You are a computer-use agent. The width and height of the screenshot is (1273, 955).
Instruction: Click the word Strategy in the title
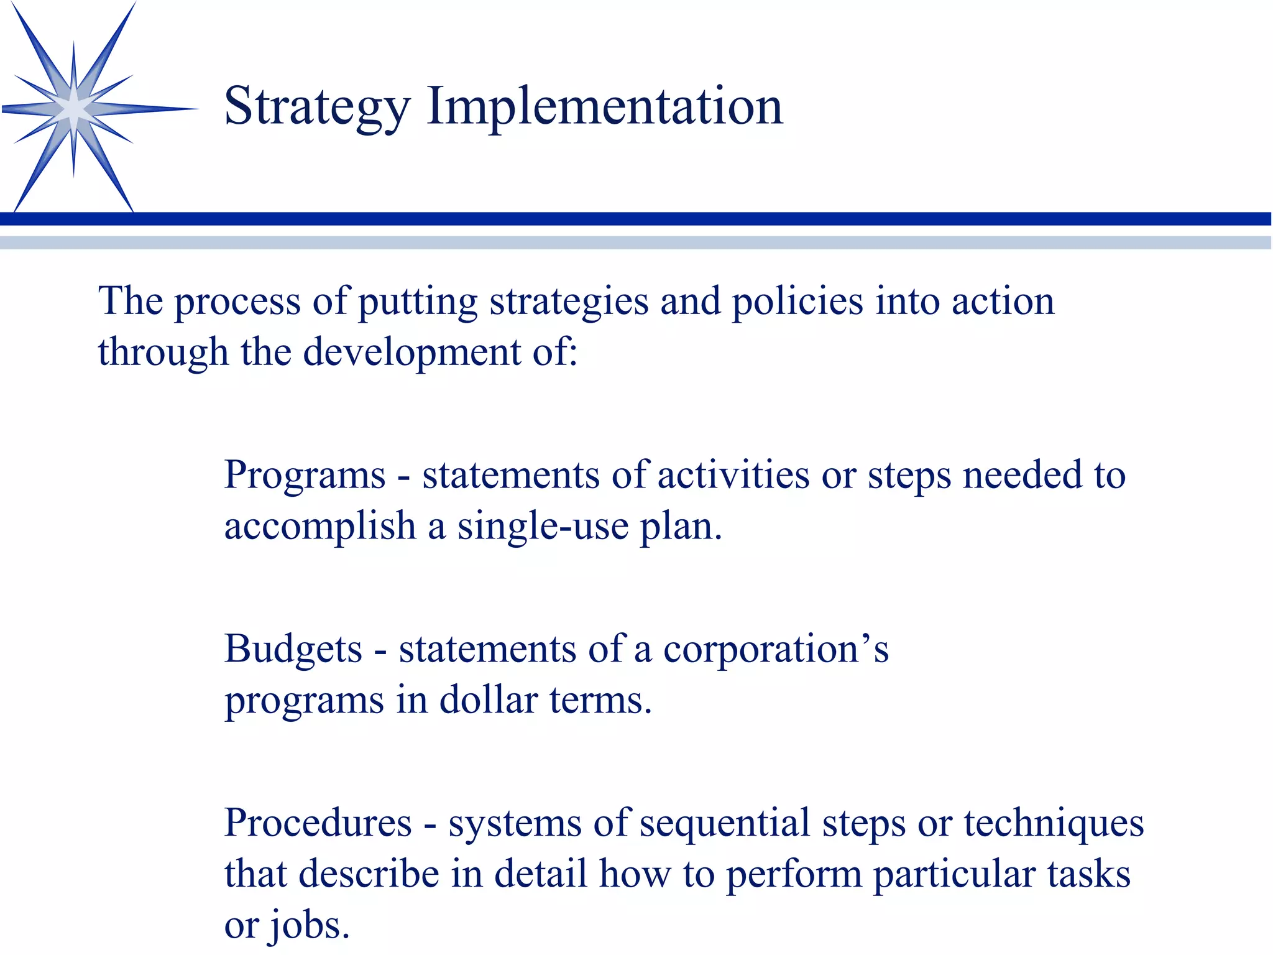pyautogui.click(x=316, y=107)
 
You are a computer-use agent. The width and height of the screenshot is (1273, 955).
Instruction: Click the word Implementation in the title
pyautogui.click(x=604, y=107)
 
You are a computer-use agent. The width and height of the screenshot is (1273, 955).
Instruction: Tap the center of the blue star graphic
pyautogui.click(x=73, y=109)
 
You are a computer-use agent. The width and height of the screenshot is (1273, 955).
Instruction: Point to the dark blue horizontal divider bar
pyautogui.click(x=636, y=219)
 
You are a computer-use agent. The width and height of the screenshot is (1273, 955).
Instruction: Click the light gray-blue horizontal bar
pyautogui.click(x=636, y=242)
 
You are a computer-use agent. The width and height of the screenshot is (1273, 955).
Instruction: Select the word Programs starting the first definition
pyautogui.click(x=305, y=476)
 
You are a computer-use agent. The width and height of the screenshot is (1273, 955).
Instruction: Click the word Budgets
pyautogui.click(x=293, y=650)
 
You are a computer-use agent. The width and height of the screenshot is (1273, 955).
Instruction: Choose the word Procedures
pyautogui.click(x=318, y=824)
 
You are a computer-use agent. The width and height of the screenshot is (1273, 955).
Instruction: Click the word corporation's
pyautogui.click(x=776, y=650)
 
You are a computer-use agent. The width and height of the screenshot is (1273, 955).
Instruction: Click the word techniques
pyautogui.click(x=1054, y=824)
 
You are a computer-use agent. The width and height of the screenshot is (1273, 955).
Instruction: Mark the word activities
pyautogui.click(x=733, y=476)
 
